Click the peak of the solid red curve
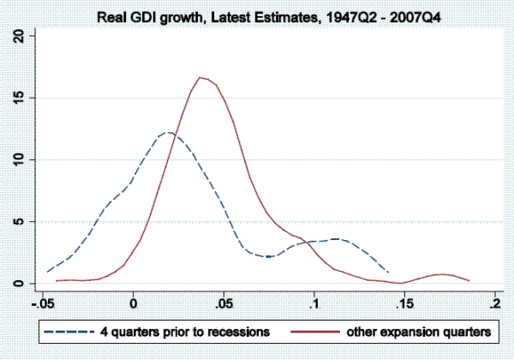click(x=200, y=77)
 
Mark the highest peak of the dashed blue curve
click(x=168, y=132)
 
